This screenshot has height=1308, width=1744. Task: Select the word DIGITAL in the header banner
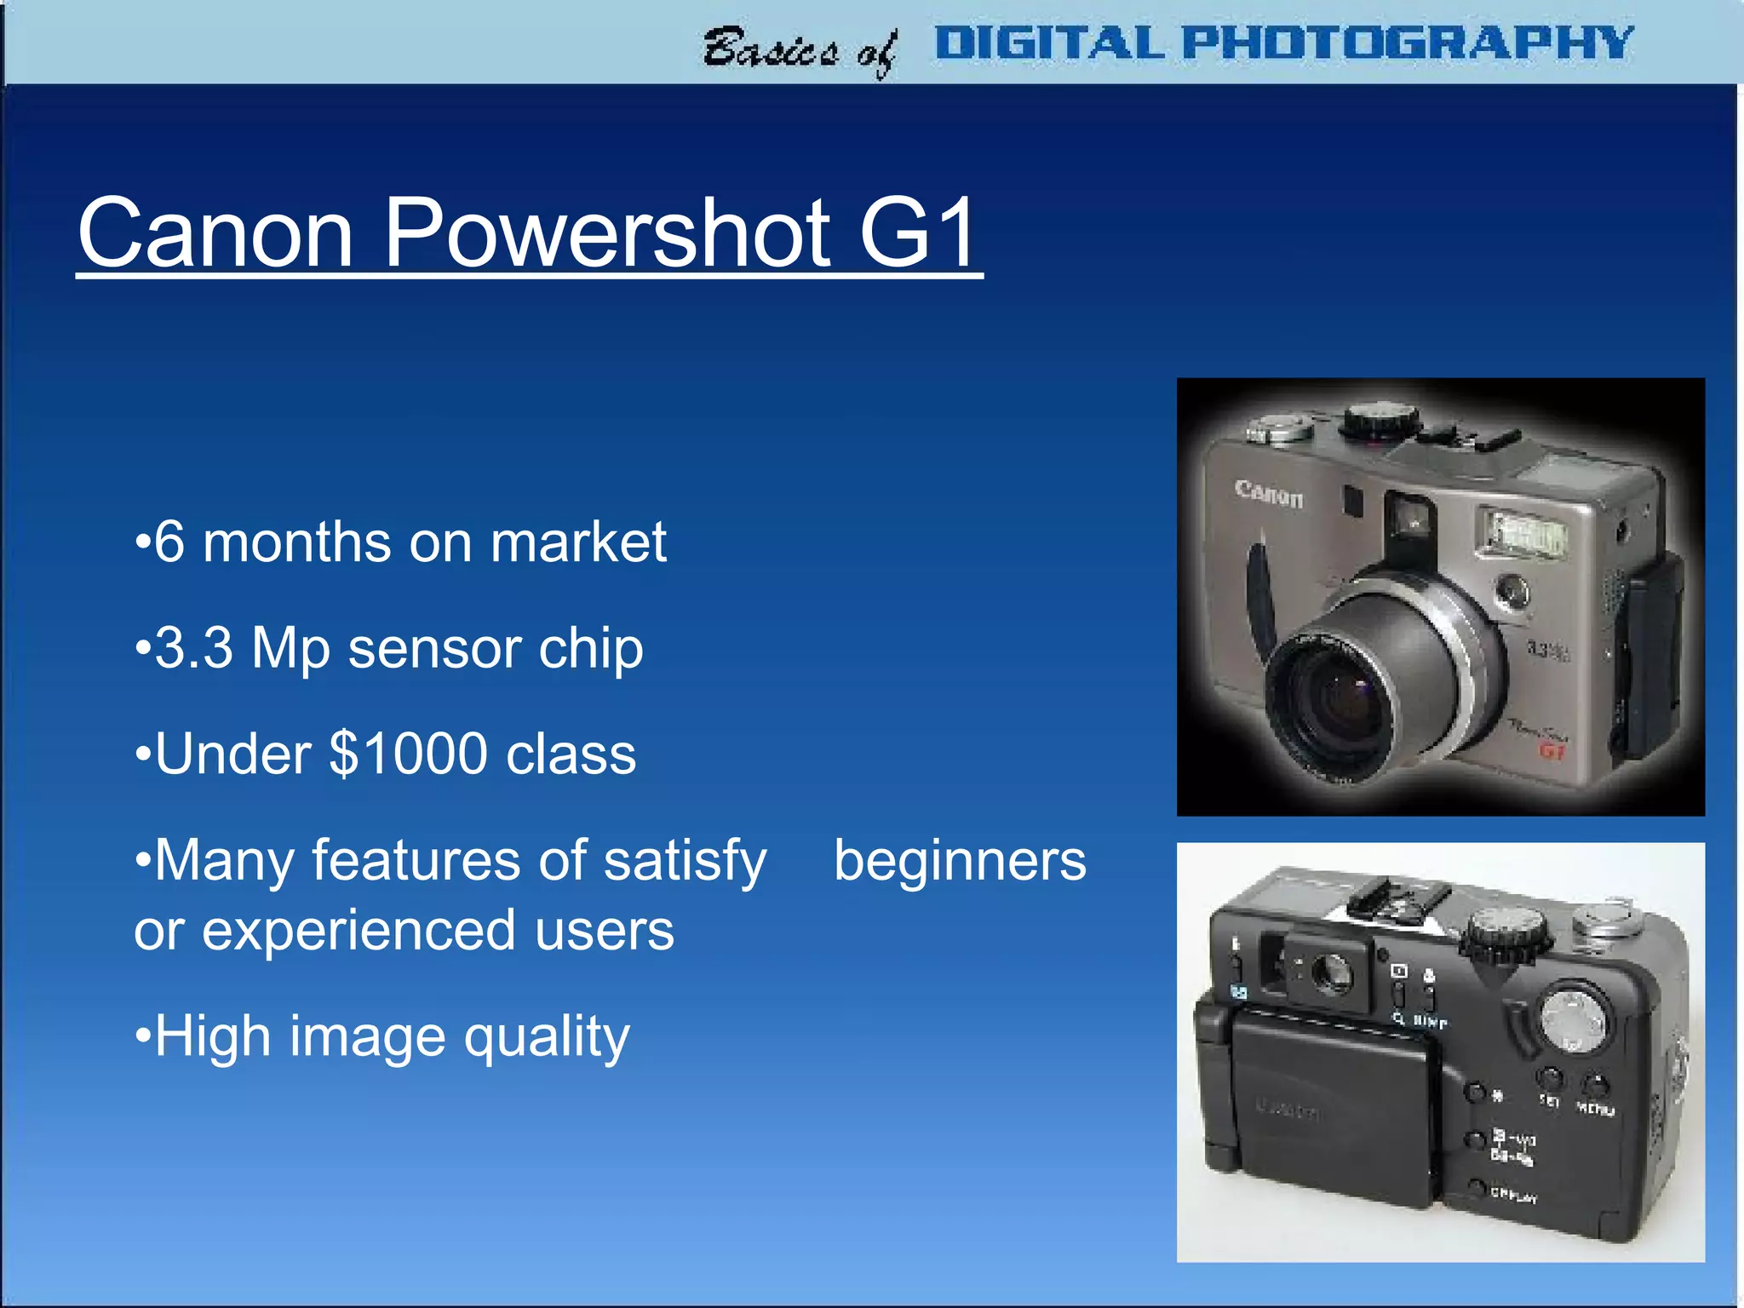tap(1049, 43)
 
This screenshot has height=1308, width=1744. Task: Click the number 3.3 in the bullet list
tap(193, 648)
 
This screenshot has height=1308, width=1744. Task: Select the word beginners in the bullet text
tap(960, 860)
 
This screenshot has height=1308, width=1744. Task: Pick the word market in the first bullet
tap(578, 542)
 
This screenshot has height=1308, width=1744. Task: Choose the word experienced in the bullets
tap(359, 930)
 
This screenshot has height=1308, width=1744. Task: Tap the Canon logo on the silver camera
tap(1268, 493)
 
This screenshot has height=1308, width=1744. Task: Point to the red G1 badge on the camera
tap(1552, 750)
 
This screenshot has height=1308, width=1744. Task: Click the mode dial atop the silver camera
tap(1380, 420)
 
